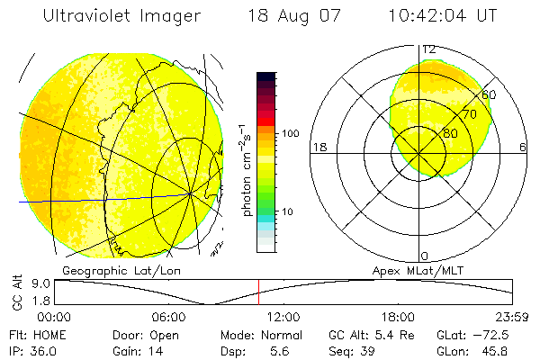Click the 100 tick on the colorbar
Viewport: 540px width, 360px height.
[292, 133]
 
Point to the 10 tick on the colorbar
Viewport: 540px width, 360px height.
[288, 211]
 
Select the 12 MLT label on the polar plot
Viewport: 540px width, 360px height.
[429, 49]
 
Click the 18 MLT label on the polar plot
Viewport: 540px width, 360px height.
[319, 147]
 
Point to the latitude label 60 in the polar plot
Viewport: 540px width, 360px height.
[489, 94]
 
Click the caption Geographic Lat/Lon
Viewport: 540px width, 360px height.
[106, 270]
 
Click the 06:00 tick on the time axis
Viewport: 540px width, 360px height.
[168, 317]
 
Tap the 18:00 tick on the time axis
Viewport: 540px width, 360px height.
[399, 317]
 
